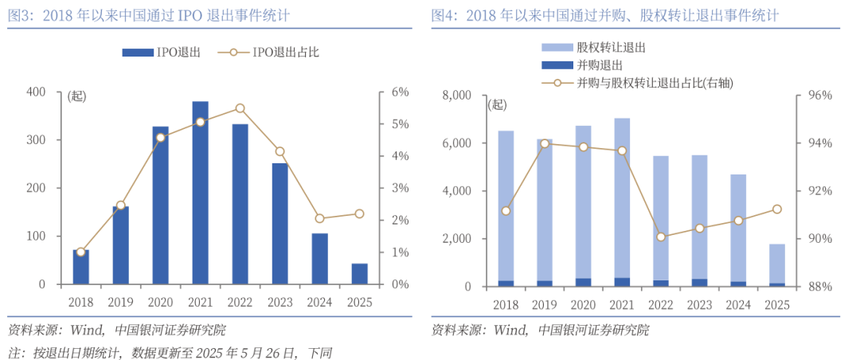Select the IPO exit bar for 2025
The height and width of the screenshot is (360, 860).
(x=359, y=273)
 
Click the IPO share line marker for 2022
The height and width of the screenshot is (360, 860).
(x=240, y=108)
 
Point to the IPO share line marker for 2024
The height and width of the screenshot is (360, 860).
(x=319, y=218)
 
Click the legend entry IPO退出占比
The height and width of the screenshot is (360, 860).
(x=285, y=53)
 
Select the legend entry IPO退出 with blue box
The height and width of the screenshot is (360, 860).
(x=161, y=53)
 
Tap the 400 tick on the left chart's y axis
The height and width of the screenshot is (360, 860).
(x=35, y=92)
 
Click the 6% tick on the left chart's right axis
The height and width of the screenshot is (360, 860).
(x=398, y=92)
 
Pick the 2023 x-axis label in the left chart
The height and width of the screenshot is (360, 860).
(x=279, y=302)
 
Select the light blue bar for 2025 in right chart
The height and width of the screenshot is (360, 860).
(x=776, y=263)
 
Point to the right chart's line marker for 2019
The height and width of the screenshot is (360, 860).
(x=545, y=144)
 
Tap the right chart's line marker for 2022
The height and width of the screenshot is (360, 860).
(x=661, y=237)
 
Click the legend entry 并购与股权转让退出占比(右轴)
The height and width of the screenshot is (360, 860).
(x=653, y=82)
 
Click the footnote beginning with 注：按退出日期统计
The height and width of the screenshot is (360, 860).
(x=169, y=352)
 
